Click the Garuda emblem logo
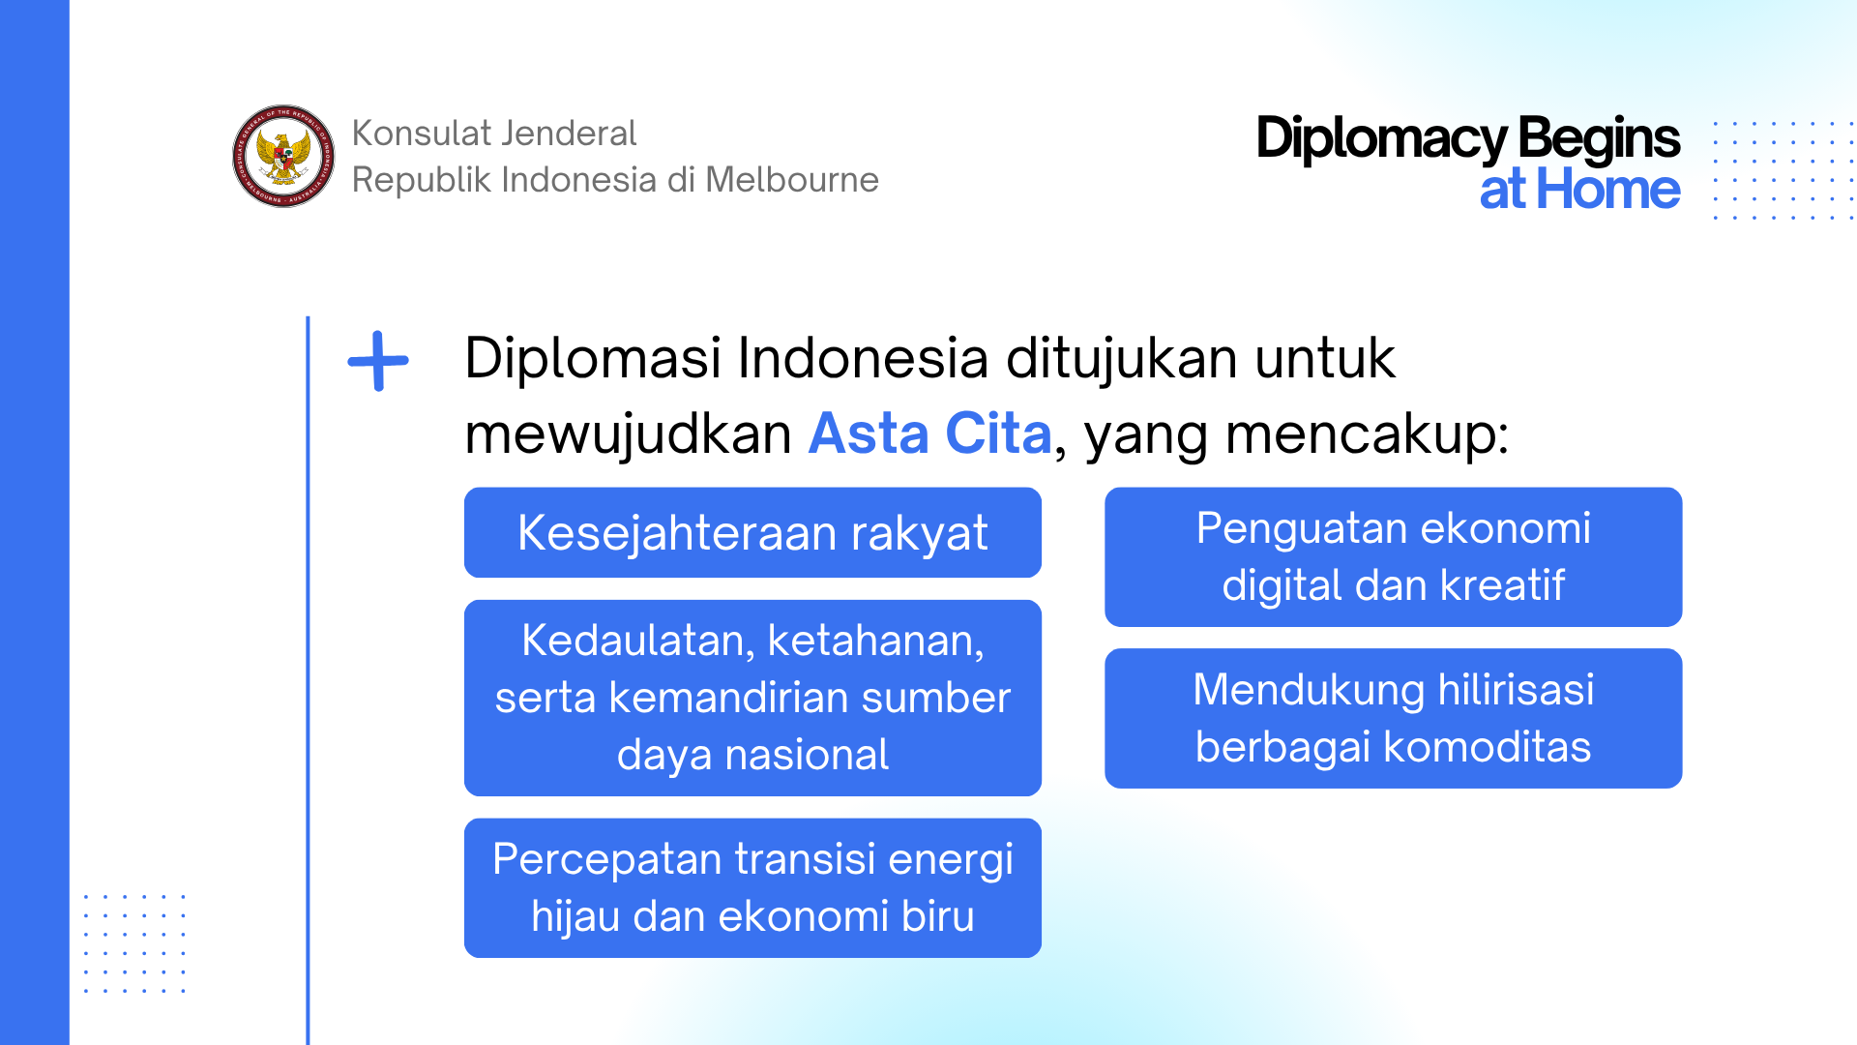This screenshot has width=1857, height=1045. coord(283,156)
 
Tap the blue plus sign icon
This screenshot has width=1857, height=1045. coord(378,361)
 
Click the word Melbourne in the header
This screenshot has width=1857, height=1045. coord(792,180)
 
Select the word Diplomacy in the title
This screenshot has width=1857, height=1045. coord(1381,138)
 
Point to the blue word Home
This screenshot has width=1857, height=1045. coord(1608,189)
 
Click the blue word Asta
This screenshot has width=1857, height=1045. coord(869,433)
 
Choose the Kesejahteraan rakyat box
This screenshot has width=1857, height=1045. coord(752,532)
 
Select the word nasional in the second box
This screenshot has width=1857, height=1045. coord(807,755)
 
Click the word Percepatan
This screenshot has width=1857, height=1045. coord(606,860)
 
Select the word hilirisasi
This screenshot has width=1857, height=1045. coord(1516,690)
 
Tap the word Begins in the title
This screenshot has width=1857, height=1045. coord(1599,138)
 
